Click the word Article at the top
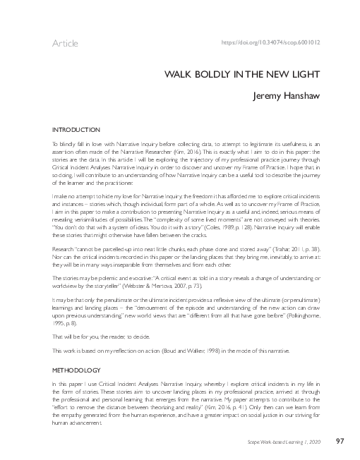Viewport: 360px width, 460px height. click(x=65, y=44)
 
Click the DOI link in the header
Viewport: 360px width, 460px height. click(x=271, y=43)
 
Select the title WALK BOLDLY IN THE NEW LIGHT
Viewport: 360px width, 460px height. click(x=243, y=74)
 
